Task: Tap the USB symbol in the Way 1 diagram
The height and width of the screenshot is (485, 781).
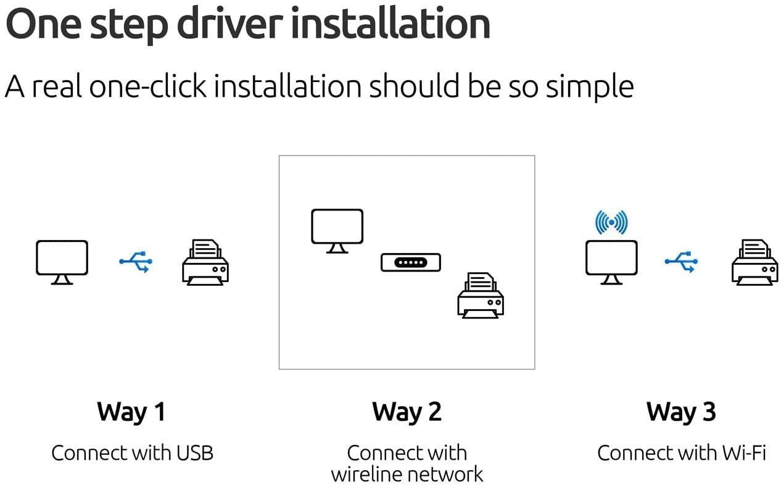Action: (x=136, y=262)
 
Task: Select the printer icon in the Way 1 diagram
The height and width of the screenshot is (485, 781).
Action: (x=205, y=262)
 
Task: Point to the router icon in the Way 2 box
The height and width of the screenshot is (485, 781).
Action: (x=411, y=262)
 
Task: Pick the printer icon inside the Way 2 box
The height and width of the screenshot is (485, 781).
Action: (x=481, y=295)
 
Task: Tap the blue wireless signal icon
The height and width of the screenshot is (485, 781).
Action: (x=611, y=222)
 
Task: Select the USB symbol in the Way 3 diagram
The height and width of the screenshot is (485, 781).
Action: (x=681, y=262)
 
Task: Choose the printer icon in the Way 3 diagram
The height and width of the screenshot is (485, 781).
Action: (x=755, y=262)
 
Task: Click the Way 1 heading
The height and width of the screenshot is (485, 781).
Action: (x=131, y=412)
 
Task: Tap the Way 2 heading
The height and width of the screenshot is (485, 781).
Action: (x=407, y=412)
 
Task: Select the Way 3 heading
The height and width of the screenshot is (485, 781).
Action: (x=681, y=412)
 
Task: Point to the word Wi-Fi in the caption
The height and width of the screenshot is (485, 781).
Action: (x=744, y=453)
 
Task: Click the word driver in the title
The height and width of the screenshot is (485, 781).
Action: (x=230, y=23)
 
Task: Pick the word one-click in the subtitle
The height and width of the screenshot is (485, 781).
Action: (x=148, y=86)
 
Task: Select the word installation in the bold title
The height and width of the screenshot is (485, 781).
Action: (x=390, y=23)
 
